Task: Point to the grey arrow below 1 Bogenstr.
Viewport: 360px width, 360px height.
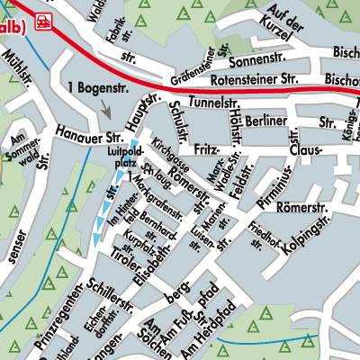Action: pos(106,111)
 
